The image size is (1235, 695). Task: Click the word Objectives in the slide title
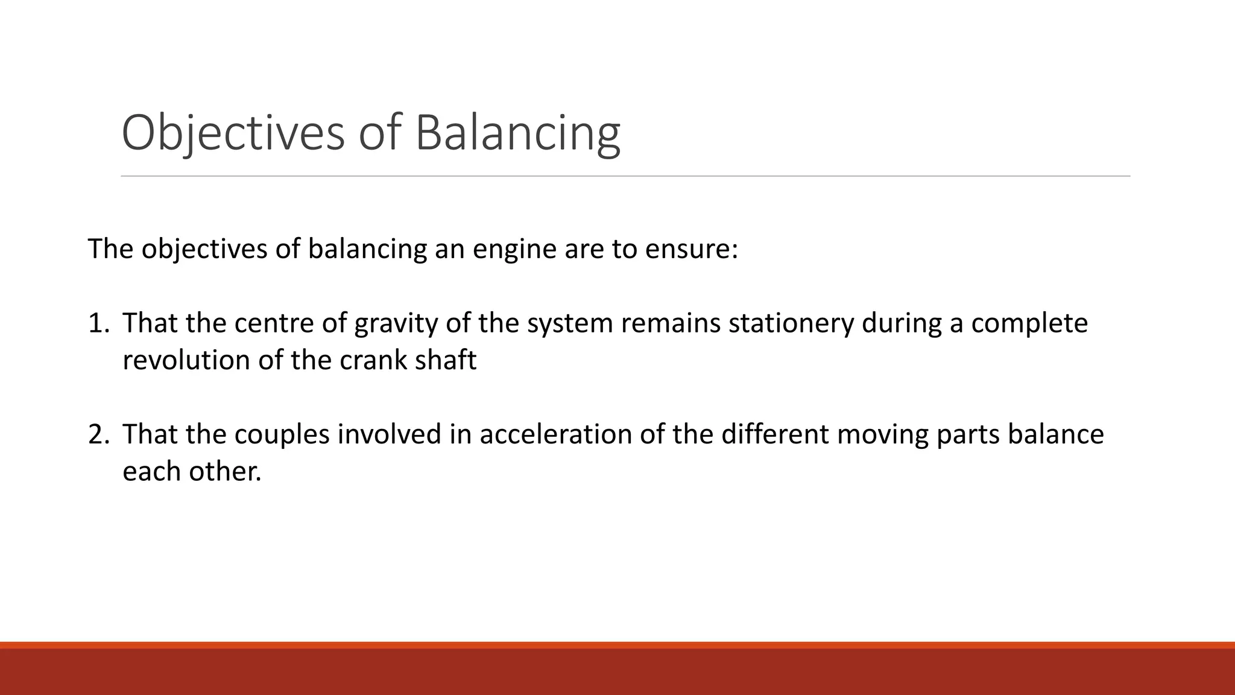tap(233, 133)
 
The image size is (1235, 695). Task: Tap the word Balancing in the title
tap(517, 133)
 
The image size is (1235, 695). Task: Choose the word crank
tap(373, 360)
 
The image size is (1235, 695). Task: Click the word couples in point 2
tap(282, 434)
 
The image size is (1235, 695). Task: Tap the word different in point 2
tap(775, 434)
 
